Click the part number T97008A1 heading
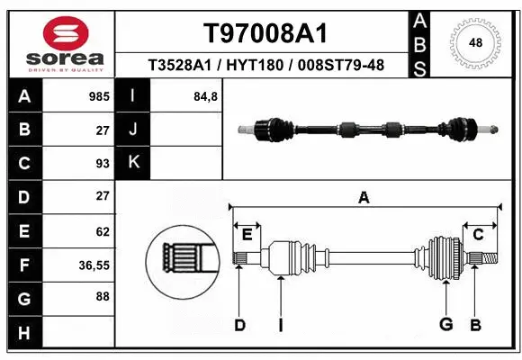(x=265, y=33)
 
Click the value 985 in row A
(x=99, y=95)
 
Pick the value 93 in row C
(x=103, y=163)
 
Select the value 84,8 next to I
(x=205, y=95)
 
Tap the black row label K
(x=133, y=163)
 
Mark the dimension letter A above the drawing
(x=364, y=198)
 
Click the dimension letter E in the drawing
(x=247, y=235)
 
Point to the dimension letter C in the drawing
(x=478, y=235)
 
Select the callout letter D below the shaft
(x=239, y=326)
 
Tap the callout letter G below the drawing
(x=445, y=326)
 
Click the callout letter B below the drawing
(x=474, y=326)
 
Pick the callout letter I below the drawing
(x=281, y=326)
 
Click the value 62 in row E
(x=103, y=231)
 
